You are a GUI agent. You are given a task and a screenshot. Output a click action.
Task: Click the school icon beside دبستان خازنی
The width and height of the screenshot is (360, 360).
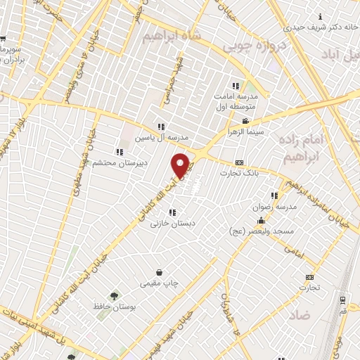point(172,212)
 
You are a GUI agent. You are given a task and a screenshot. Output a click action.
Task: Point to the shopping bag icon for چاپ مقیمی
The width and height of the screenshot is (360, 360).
point(160,272)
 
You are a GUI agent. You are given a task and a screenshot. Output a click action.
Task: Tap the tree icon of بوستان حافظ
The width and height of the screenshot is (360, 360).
point(114,295)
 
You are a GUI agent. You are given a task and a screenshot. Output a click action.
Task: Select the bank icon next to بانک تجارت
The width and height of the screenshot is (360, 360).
point(239,162)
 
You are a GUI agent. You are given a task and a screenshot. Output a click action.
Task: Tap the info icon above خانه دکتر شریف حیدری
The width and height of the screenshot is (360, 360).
point(321,16)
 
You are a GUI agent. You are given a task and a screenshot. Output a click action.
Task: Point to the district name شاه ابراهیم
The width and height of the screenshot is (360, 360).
point(171,34)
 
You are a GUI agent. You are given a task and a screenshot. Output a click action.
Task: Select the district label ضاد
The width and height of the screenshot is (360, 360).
point(299,316)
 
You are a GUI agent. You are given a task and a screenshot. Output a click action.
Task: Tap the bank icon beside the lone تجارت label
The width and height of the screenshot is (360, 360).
point(309,277)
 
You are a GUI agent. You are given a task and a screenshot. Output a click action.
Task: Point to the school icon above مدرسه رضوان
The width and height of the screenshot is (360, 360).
point(274,195)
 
